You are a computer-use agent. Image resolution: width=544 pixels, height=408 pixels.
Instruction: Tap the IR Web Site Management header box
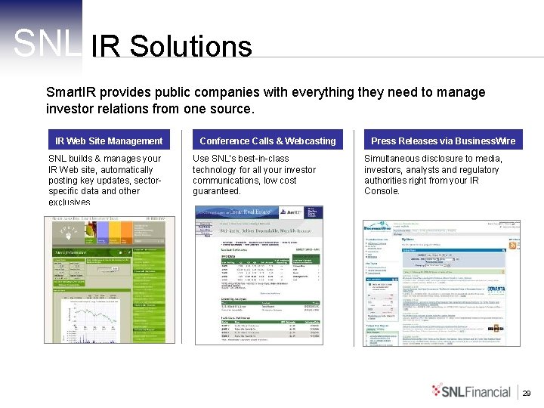(109, 141)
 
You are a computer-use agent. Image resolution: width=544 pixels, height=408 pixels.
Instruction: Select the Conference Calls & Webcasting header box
(267, 141)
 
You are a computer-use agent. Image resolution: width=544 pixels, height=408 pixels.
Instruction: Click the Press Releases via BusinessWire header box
(443, 141)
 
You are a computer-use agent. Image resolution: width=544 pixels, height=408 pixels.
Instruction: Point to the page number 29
(527, 393)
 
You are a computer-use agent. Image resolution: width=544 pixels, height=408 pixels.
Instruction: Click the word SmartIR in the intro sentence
(71, 92)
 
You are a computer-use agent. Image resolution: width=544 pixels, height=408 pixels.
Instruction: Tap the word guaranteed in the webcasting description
(217, 191)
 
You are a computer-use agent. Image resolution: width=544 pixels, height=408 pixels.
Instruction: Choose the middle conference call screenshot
(259, 275)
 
